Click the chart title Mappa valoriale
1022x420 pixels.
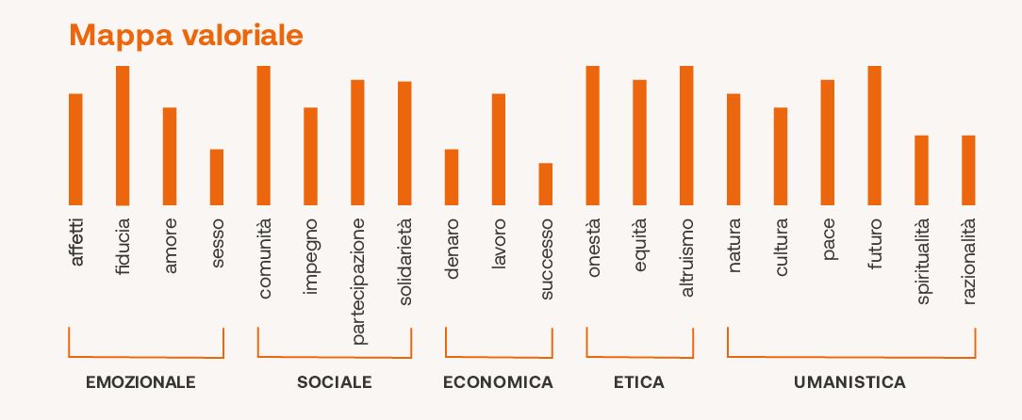coord(186,36)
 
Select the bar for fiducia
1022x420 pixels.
coord(123,136)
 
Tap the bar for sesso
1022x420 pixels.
coord(217,177)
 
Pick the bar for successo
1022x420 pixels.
coord(546,184)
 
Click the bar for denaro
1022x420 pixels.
coord(452,177)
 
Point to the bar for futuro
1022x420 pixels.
coord(874,136)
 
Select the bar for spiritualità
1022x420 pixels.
coord(921,170)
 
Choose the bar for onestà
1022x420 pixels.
coord(593,136)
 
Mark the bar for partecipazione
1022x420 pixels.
coord(357,142)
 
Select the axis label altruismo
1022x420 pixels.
coord(686,257)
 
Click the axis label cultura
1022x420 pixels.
coord(781,247)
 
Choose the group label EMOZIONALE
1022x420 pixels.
coord(140,382)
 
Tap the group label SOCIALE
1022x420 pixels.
coord(334,382)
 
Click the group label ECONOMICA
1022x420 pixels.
coord(498,382)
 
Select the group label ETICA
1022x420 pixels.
coord(638,382)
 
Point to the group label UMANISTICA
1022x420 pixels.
coord(849,382)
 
